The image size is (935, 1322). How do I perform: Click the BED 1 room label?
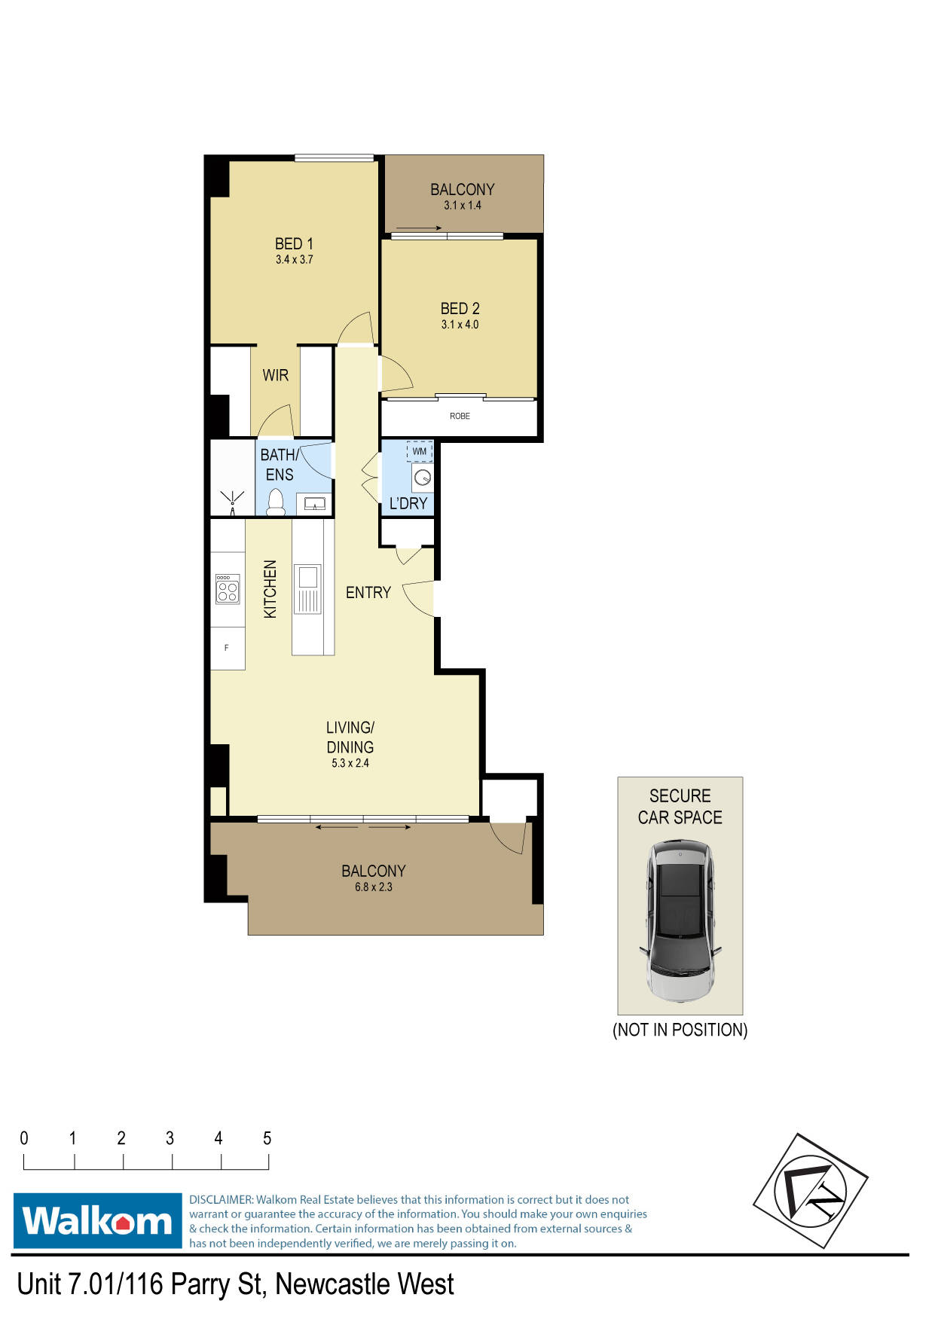tap(294, 244)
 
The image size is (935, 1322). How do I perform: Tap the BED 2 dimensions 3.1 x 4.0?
tap(460, 325)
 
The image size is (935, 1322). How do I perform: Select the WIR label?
tap(276, 375)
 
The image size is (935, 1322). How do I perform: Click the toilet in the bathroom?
tap(276, 502)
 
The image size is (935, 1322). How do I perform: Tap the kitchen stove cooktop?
tap(228, 589)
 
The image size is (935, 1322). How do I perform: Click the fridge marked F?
tap(227, 648)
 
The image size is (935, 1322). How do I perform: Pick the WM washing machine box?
tap(420, 451)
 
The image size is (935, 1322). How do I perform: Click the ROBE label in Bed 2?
tap(460, 416)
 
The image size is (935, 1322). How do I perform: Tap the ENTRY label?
tap(368, 593)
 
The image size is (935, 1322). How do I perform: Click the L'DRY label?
tap(408, 503)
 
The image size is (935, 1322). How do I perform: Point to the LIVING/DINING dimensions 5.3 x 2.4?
tap(350, 763)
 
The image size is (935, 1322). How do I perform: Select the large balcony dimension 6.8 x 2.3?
tap(374, 887)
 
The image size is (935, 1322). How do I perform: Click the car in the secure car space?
tap(680, 922)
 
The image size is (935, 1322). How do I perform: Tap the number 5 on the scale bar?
tap(267, 1138)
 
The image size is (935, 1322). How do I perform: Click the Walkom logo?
tap(98, 1220)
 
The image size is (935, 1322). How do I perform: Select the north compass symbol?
tap(811, 1191)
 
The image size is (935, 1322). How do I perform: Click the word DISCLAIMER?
tap(222, 1200)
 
